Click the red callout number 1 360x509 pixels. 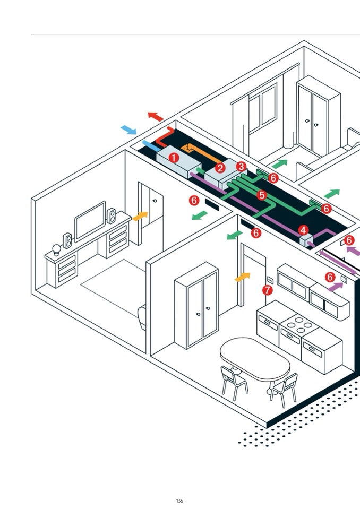click(173, 158)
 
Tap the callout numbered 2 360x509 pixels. click(220, 168)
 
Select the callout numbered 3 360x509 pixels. click(242, 167)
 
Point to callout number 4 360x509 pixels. click(303, 230)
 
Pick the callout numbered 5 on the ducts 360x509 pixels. click(261, 195)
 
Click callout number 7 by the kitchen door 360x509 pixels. click(267, 290)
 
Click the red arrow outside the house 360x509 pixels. click(155, 116)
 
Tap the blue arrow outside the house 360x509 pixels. click(128, 130)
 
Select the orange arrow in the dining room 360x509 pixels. click(242, 277)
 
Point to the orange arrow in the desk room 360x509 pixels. click(140, 216)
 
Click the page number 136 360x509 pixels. click(179, 501)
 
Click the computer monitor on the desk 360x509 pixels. click(89, 221)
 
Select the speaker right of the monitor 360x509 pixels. click(112, 215)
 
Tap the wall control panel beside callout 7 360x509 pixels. click(270, 280)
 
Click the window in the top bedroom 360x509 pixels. click(261, 109)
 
